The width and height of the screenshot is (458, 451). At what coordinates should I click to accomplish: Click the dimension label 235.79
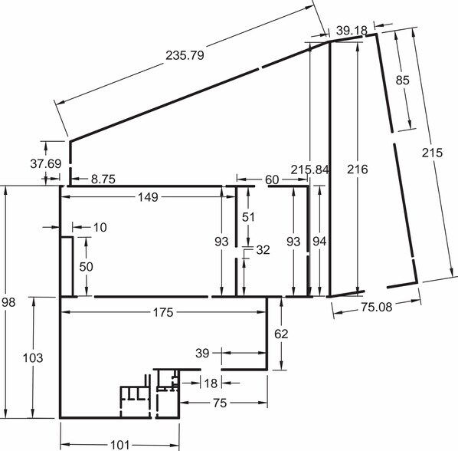point(185,55)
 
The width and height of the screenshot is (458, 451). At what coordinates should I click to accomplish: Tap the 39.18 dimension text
point(352,30)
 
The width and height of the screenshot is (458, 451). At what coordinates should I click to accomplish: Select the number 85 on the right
point(403,80)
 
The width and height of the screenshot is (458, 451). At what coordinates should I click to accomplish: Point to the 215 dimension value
point(432,153)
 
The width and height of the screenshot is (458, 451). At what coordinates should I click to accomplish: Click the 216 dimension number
point(357,170)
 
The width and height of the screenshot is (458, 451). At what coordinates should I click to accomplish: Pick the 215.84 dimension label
point(309,170)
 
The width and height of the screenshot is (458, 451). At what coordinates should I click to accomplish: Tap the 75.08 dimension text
point(377,307)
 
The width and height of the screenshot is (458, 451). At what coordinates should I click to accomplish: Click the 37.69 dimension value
point(45,164)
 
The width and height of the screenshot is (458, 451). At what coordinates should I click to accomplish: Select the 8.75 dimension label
point(103,179)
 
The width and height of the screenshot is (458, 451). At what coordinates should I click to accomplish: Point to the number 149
point(148,197)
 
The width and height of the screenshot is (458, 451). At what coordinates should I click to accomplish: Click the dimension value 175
point(163,313)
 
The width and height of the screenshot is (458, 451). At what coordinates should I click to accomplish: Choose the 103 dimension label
point(33,357)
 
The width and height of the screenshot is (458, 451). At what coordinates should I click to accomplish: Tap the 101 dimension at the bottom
point(119,445)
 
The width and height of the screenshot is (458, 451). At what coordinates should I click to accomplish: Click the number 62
point(281,334)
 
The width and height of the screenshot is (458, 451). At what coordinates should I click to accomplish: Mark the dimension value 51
point(248,217)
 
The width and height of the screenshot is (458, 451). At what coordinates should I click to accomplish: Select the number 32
point(263,250)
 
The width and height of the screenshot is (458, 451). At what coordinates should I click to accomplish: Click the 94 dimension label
point(319,242)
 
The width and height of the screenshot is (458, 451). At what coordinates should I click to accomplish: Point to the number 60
point(272,179)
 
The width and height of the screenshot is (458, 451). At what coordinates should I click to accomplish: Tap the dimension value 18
point(211,384)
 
